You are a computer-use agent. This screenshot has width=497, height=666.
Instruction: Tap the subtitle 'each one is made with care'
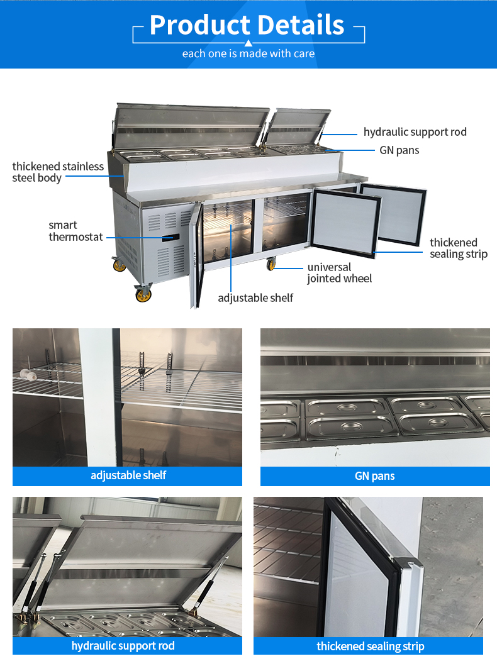pos(248,53)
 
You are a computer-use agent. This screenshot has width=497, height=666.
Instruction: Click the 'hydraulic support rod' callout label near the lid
pos(415,132)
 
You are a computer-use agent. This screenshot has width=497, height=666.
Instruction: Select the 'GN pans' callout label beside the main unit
pos(399,150)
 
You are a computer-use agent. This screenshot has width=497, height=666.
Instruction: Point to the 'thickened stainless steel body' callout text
pos(58,172)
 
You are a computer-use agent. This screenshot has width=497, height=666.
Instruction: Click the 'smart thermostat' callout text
pos(75,231)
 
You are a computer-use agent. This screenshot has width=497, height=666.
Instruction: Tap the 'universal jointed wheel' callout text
pos(339,273)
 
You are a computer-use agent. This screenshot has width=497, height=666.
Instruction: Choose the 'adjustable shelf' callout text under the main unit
pos(255,297)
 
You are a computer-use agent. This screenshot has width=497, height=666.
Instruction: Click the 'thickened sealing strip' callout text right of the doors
pos(459,248)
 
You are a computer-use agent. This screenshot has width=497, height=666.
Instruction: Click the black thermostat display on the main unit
pos(170,238)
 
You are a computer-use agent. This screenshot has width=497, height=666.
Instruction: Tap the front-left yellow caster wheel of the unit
pos(143,294)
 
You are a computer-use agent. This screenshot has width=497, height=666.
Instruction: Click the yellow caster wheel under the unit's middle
pos(271,265)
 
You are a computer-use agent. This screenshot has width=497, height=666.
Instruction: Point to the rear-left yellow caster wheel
pos(119,265)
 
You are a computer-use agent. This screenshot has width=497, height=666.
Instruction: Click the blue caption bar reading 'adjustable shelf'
pos(128,476)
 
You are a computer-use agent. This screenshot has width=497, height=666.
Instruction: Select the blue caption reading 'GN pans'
pos(375,476)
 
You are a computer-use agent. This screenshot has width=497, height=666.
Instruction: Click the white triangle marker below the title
pos(248,43)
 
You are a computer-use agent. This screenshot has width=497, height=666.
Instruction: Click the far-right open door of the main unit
pos(399,214)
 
